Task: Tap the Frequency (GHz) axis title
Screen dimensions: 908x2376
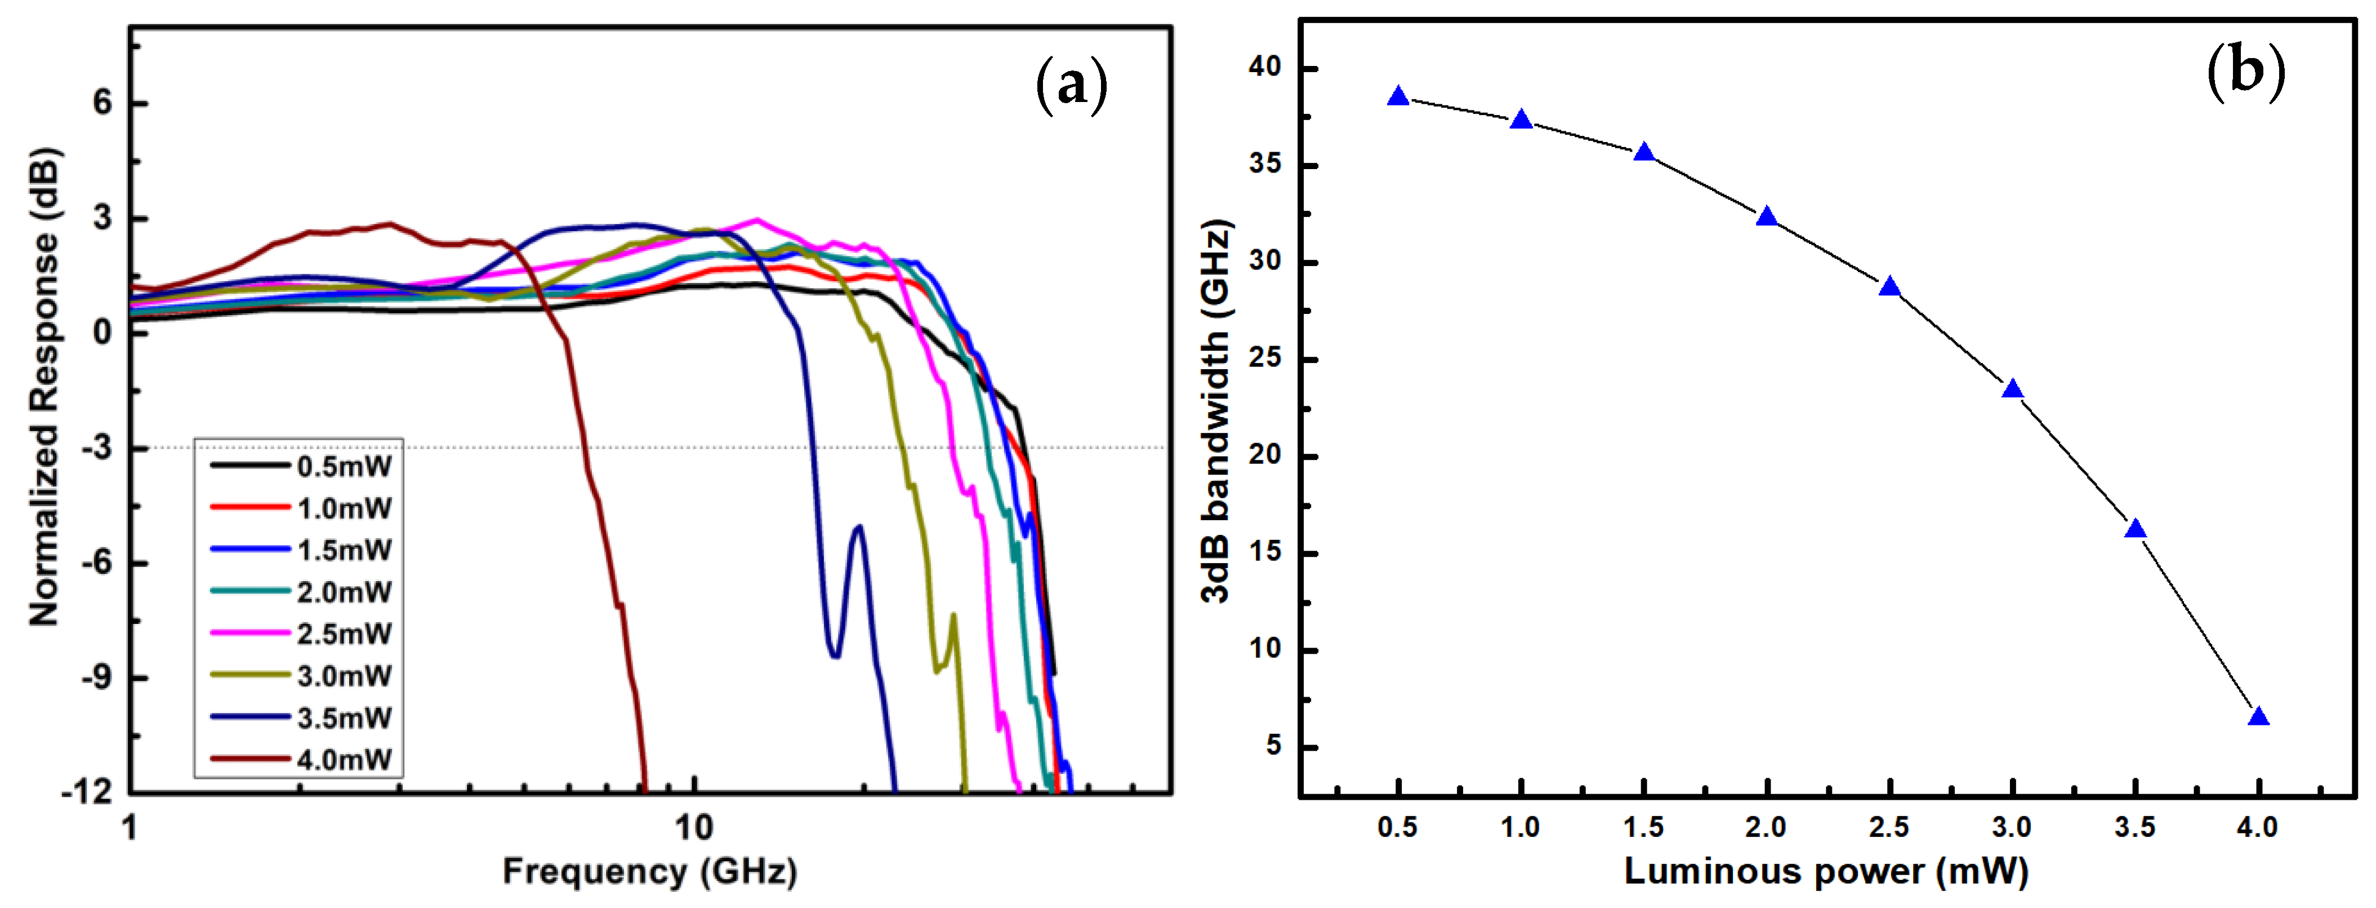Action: (649, 872)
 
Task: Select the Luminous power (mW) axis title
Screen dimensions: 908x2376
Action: (1826, 872)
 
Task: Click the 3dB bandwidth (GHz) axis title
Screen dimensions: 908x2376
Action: (1216, 411)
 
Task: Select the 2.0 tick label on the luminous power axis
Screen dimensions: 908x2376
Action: (1766, 828)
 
